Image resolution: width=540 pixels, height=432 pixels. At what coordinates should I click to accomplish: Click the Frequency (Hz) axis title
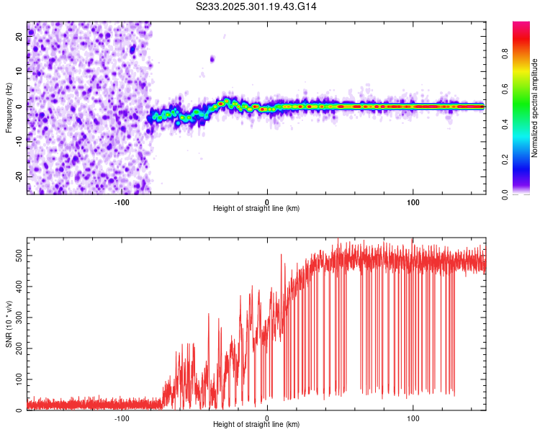point(9,107)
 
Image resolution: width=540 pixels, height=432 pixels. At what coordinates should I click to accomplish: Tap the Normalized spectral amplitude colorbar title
point(535,108)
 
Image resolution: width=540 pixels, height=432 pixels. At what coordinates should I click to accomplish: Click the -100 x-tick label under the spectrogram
point(121,202)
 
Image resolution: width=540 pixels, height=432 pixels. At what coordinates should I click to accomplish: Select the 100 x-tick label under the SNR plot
point(413,418)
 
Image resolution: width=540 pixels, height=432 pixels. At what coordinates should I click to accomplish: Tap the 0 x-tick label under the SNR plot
point(267,418)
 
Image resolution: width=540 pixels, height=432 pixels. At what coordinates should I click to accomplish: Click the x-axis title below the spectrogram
point(256,209)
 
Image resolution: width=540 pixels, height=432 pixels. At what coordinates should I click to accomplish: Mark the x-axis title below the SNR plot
point(256,425)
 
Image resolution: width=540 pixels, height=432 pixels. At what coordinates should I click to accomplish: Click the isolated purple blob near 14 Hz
point(212,59)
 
